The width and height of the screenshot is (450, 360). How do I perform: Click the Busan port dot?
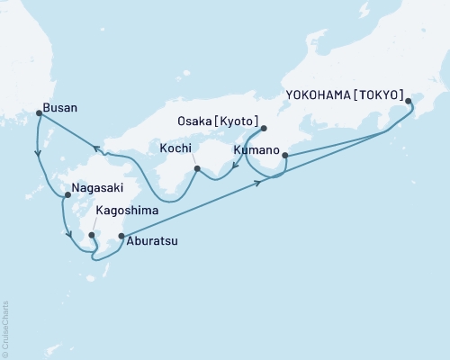39,112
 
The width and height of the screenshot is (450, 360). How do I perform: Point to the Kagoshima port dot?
91,236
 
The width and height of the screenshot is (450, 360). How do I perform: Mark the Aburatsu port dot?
121,237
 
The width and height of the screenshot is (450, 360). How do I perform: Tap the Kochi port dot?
196,168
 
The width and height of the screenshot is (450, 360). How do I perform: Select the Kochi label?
176,147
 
